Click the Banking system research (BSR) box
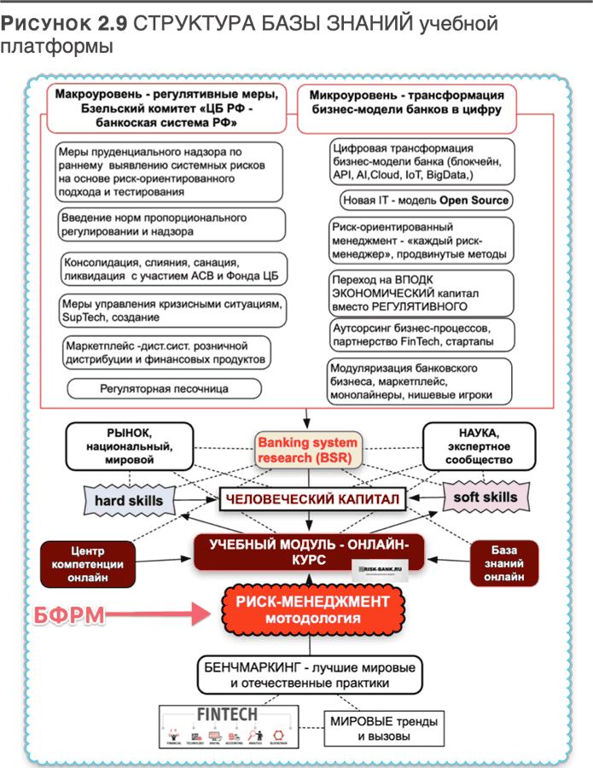tap(307, 451)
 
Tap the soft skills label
tap(483, 497)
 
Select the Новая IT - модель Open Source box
tap(425, 201)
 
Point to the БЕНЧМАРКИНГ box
tap(308, 674)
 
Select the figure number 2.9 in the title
tap(108, 24)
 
